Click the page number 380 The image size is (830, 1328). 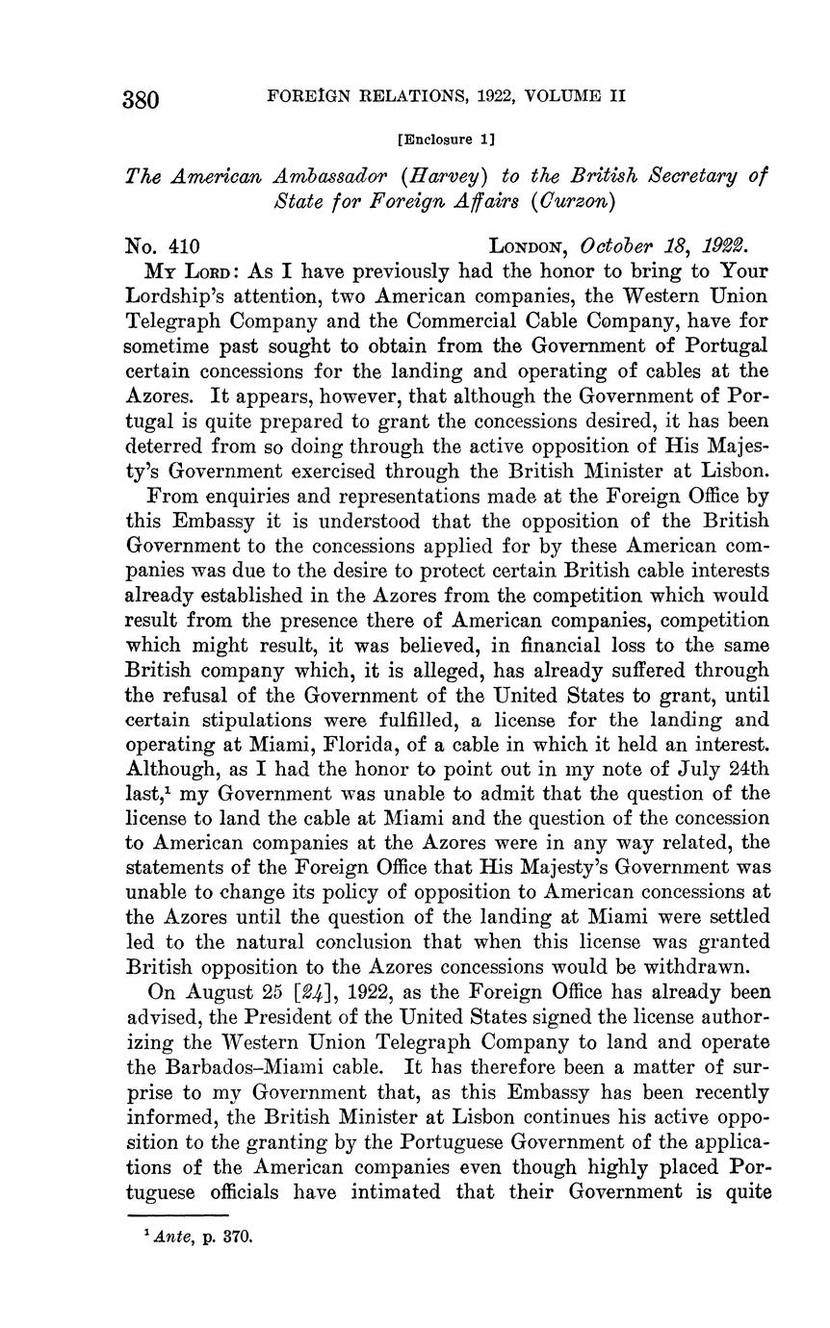point(141,99)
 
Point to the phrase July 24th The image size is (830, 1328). point(719,769)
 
